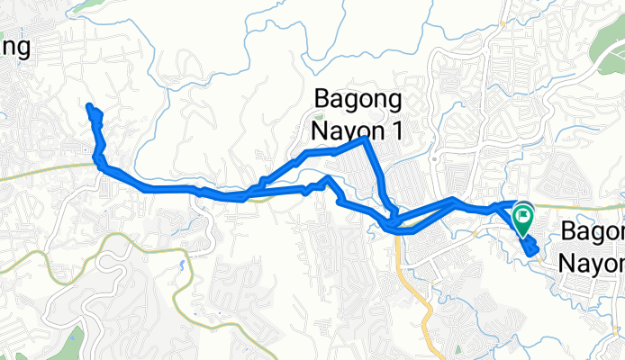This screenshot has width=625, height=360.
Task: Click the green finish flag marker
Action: coord(523,217)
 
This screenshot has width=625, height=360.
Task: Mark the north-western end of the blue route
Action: coord(89,108)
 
